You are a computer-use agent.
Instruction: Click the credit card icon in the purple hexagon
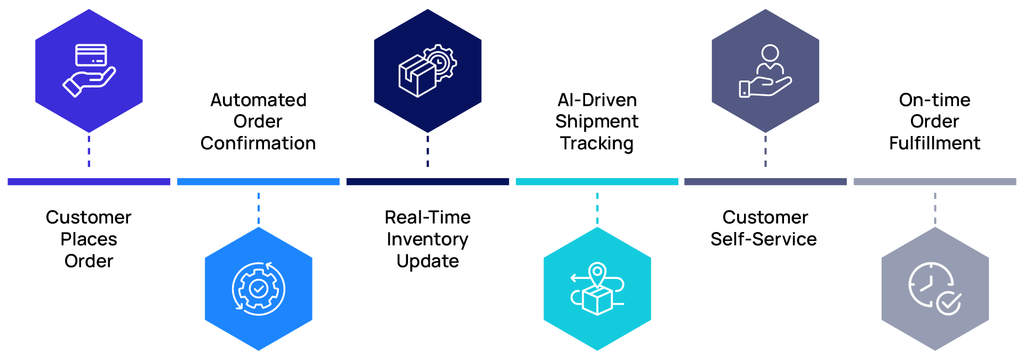91,55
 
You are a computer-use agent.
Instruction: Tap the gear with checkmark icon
259,289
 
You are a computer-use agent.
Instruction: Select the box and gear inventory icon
427,70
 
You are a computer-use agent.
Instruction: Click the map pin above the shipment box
597,274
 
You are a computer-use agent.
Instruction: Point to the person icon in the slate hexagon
770,59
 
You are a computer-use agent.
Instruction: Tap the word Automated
258,100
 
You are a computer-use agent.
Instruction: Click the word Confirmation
258,143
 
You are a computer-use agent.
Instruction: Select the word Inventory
427,239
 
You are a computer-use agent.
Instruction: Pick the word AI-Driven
597,100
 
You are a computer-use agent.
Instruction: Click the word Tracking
597,143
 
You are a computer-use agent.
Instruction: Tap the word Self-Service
763,239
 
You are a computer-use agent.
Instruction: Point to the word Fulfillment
934,143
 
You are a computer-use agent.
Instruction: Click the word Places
89,239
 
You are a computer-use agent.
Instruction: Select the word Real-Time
427,217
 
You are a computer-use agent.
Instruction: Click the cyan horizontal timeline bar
597,182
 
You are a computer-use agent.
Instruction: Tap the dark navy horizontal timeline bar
427,182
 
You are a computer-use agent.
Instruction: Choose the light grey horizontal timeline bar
934,182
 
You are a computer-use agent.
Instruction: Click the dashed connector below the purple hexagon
89,151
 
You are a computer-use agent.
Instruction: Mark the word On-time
934,100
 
